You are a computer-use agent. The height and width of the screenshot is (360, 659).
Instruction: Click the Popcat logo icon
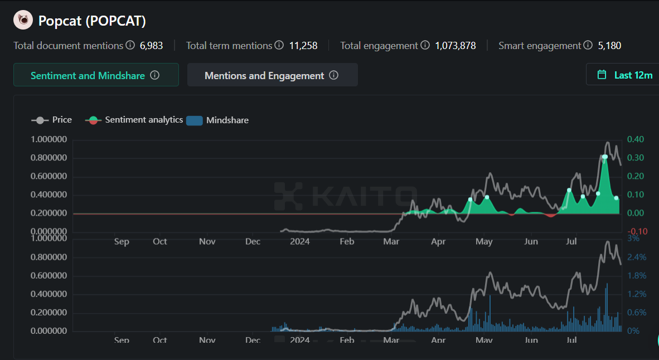[23, 21]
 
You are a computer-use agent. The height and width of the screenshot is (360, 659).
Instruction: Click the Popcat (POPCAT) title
[92, 21]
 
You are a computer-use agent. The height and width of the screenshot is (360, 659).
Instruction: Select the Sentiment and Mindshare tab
[95, 75]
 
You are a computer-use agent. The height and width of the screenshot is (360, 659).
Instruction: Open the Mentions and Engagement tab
[272, 75]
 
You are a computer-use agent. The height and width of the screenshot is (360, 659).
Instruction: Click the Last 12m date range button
[624, 75]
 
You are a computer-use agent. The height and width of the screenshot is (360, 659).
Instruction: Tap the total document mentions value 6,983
[151, 46]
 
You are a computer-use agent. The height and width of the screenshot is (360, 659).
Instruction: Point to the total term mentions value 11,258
[303, 46]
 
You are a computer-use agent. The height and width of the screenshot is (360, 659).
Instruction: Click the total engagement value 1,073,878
[456, 46]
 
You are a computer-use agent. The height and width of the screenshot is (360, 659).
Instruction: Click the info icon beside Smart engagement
[588, 45]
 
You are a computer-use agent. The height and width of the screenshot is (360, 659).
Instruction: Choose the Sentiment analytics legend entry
[134, 120]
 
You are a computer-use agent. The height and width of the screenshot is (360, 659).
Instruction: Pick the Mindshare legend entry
[217, 120]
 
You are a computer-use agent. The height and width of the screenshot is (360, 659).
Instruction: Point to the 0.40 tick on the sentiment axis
[636, 139]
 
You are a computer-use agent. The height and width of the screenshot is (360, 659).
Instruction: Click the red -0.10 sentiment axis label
[637, 231]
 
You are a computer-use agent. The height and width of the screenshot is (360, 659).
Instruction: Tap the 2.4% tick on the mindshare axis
[637, 257]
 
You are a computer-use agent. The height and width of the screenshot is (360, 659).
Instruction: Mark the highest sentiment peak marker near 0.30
[605, 157]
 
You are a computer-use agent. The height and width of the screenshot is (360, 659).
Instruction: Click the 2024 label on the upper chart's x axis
[300, 241]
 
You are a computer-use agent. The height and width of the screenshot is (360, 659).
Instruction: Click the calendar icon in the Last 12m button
[602, 75]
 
